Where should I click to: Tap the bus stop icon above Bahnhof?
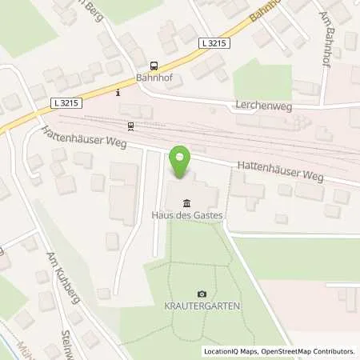click(x=154, y=66)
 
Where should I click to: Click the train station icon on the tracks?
click(x=130, y=125)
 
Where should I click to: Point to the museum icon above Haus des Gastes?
click(x=186, y=202)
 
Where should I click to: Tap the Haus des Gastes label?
click(x=186, y=215)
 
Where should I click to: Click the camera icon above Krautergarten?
click(x=202, y=294)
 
